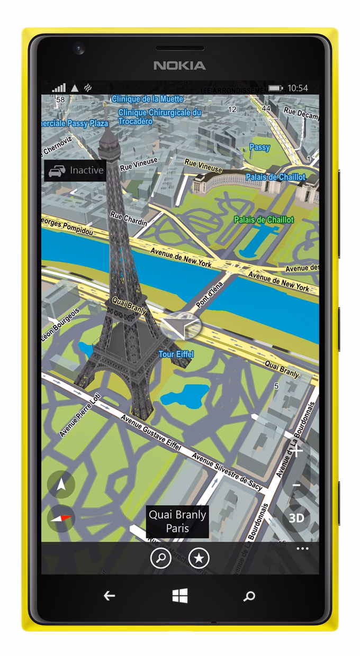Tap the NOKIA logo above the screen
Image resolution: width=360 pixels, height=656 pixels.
[x=179, y=66]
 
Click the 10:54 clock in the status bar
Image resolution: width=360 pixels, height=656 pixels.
[x=298, y=88]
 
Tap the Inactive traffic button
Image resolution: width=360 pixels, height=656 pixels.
[x=75, y=171]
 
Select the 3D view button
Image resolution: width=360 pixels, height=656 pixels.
[x=296, y=517]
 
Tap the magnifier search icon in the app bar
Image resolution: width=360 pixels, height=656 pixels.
[x=160, y=558]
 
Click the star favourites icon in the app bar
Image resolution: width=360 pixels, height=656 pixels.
[x=199, y=558]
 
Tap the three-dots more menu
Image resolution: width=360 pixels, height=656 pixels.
[x=302, y=549]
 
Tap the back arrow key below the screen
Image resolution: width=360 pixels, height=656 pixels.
[x=109, y=596]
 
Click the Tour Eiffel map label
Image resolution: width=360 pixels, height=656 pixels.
[x=176, y=354]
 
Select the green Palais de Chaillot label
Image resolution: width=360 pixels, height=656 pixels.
[x=264, y=220]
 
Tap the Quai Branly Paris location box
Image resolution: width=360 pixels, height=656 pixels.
[x=177, y=521]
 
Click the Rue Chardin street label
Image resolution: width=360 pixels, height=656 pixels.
[x=128, y=218]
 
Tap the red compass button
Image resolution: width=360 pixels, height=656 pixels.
[x=61, y=518]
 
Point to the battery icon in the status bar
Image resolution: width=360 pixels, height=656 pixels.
[x=275, y=88]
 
